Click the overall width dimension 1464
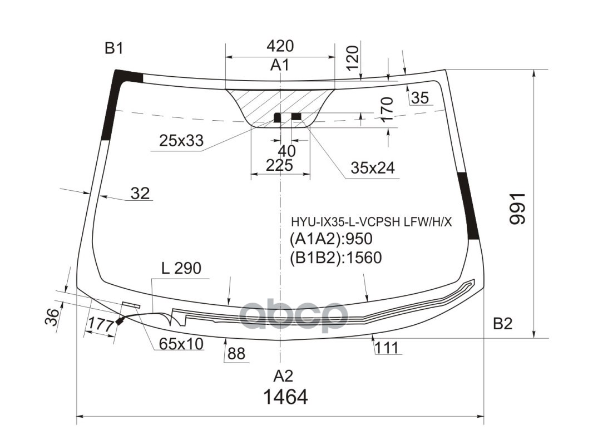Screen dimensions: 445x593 285,397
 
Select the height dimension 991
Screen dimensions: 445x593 517,209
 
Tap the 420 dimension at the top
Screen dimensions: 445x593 279,46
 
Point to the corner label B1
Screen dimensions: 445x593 113,49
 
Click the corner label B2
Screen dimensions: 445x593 502,324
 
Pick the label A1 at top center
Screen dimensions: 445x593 280,66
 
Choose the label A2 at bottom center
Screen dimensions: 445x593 283,376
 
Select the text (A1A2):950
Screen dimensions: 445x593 330,239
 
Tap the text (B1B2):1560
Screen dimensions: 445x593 335,258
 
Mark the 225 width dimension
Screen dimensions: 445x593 279,165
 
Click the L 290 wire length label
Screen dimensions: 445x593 181,269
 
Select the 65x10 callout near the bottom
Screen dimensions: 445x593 181,344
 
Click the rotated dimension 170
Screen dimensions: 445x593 388,109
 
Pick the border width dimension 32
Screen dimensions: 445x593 140,194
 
